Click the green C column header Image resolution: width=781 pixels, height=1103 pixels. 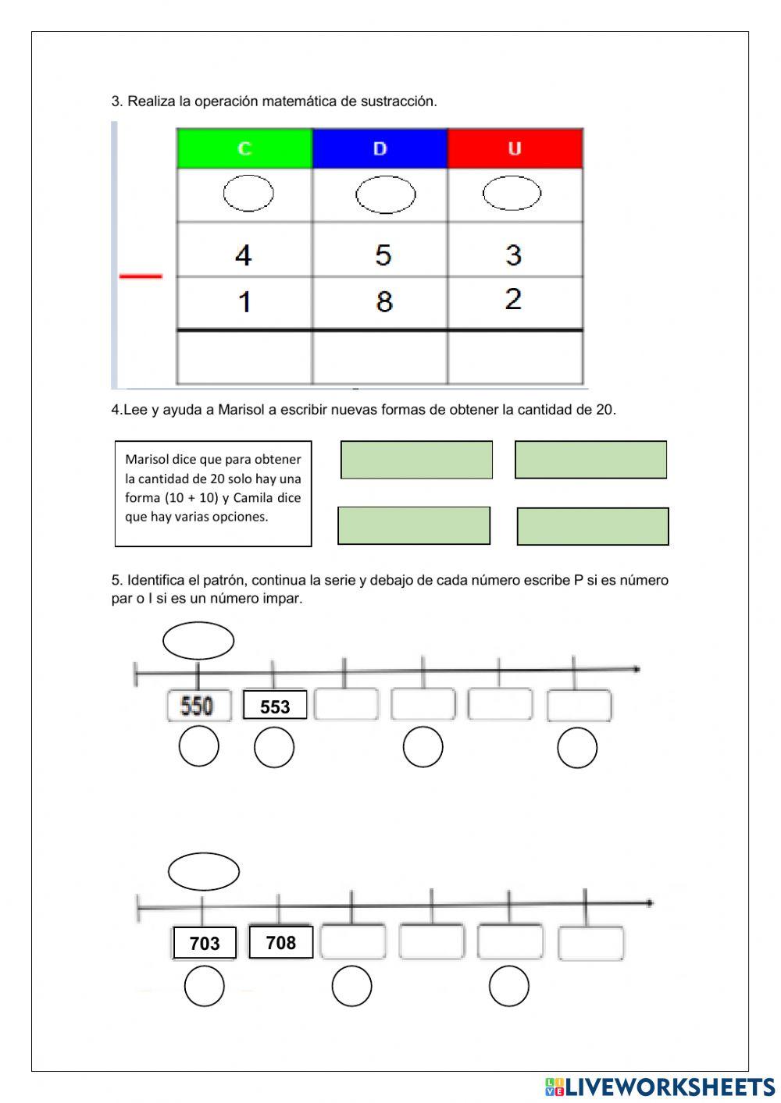244,148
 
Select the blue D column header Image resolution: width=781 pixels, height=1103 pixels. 380,148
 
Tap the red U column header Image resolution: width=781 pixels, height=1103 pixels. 515,148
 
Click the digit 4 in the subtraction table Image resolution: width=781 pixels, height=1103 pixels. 244,255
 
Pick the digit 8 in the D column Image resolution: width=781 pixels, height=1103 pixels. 383,301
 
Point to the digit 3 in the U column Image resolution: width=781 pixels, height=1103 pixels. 513,255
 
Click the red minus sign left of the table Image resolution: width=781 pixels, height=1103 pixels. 141,276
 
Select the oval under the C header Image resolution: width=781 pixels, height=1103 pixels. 248,194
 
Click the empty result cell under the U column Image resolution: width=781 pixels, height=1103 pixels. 515,358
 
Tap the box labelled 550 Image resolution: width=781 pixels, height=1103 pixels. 198,706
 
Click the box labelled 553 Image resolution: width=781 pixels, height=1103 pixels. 275,706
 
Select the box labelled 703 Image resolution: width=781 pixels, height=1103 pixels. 204,943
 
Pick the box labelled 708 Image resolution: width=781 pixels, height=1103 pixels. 280,942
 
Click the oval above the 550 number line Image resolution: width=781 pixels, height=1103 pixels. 198,641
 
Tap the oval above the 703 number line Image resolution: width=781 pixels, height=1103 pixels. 204,871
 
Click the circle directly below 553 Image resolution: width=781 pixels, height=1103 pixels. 274,747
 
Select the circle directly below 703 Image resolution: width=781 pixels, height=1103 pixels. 205,986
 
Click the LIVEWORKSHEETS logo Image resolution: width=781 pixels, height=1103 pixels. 660,1087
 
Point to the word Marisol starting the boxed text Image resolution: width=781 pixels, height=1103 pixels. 146,459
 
